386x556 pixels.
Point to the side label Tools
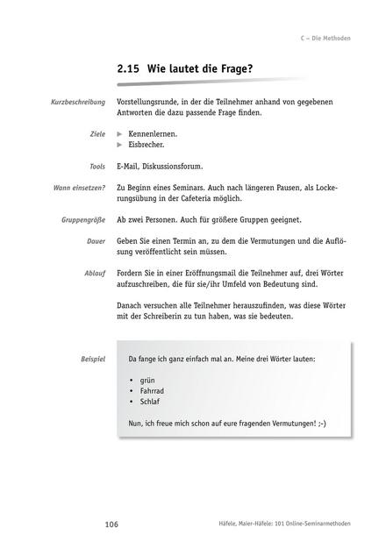click(x=96, y=166)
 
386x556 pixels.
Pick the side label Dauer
click(x=96, y=240)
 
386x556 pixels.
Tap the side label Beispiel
click(x=91, y=360)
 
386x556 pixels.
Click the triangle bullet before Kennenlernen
click(x=120, y=134)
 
